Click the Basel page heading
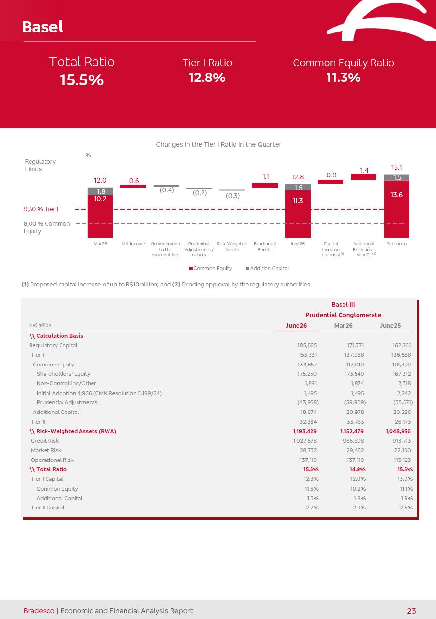click(x=43, y=27)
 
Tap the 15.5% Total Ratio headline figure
click(x=82, y=80)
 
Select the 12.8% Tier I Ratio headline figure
click(x=207, y=78)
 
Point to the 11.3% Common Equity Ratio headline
click(x=343, y=78)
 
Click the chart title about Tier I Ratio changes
click(x=218, y=144)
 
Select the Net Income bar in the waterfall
click(x=133, y=186)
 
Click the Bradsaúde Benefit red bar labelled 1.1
click(x=265, y=185)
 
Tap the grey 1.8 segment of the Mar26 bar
click(x=100, y=191)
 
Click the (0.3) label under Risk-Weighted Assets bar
click(x=233, y=196)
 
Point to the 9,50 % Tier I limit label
click(x=41, y=209)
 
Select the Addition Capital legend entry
click(x=267, y=268)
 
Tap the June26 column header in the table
click(x=296, y=326)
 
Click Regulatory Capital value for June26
click(x=307, y=345)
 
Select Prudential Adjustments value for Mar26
click(x=355, y=402)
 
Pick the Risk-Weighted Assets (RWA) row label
click(x=73, y=431)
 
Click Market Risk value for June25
click(x=402, y=450)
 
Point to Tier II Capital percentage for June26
click(x=312, y=508)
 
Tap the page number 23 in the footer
click(x=411, y=611)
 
